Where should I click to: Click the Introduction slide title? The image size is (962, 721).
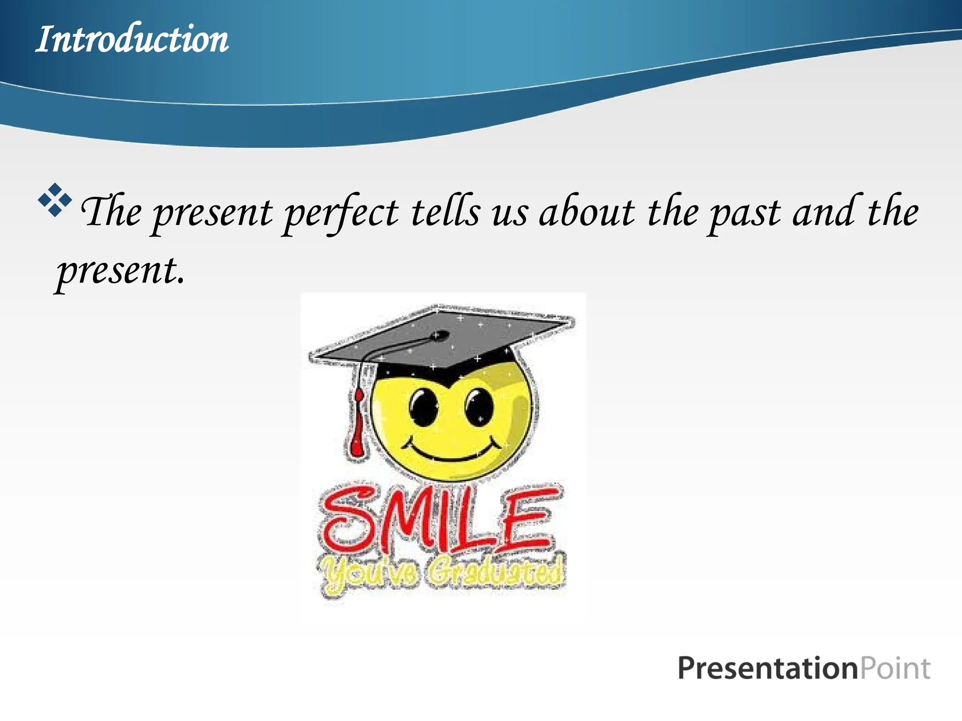click(x=132, y=39)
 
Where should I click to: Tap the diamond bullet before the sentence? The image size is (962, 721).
click(x=55, y=200)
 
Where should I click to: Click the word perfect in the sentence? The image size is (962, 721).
click(x=341, y=213)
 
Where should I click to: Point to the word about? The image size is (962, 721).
click(x=587, y=212)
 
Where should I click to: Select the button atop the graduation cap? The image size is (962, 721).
click(x=440, y=335)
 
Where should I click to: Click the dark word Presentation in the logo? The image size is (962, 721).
click(x=768, y=668)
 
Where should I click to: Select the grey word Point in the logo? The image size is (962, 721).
click(x=895, y=668)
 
